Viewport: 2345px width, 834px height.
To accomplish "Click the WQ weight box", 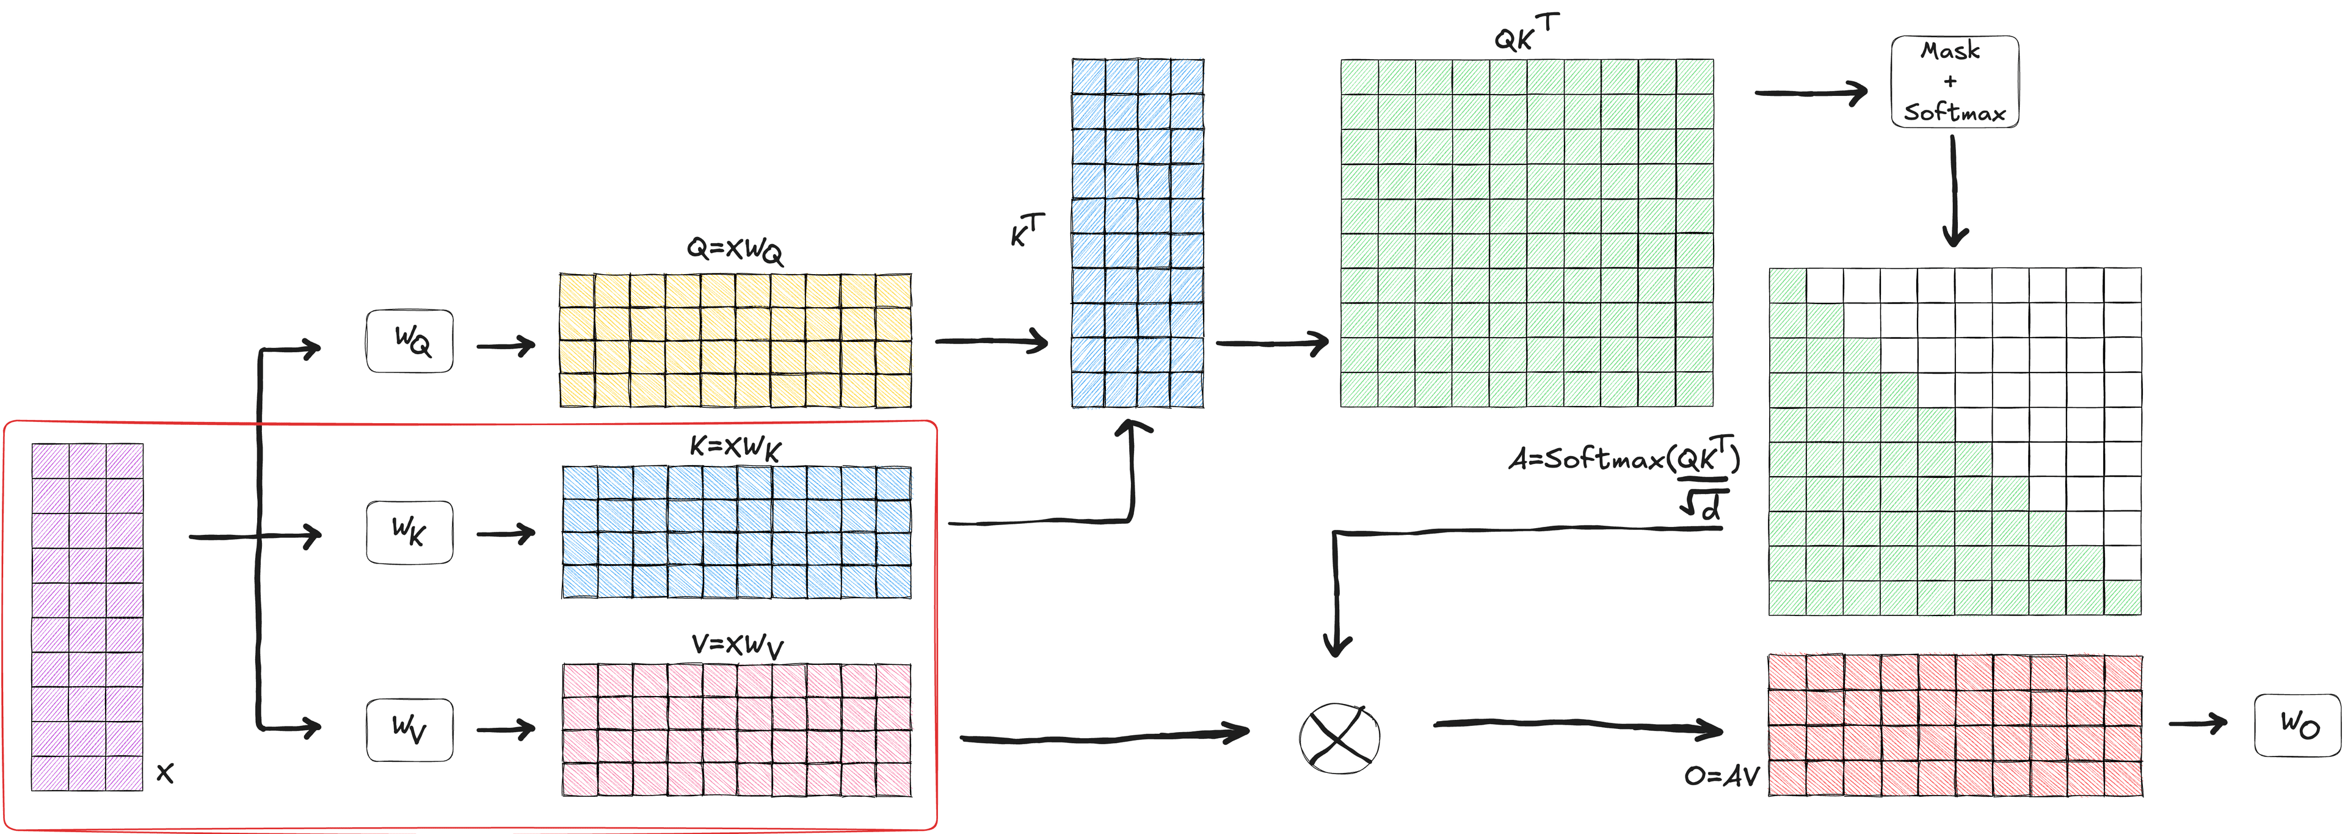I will tap(410, 341).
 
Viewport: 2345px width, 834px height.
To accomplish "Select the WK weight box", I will tap(410, 532).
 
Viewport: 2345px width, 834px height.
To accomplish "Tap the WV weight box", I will tap(410, 730).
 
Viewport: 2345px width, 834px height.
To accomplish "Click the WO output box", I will tap(2297, 725).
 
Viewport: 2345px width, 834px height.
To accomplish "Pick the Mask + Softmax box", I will tap(1954, 82).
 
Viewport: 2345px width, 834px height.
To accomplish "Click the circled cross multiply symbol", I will tap(1339, 738).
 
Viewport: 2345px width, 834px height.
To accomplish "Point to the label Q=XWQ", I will tap(733, 250).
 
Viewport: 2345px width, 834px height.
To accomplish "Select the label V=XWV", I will tap(736, 645).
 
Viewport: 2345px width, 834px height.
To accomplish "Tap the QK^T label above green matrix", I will tap(1525, 34).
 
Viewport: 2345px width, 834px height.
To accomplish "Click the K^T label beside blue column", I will tap(1027, 230).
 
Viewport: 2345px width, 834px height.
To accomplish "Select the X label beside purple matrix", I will tap(165, 773).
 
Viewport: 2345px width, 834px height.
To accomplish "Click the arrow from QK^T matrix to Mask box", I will tap(1811, 92).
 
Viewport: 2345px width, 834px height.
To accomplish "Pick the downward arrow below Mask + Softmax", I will tap(1954, 191).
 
